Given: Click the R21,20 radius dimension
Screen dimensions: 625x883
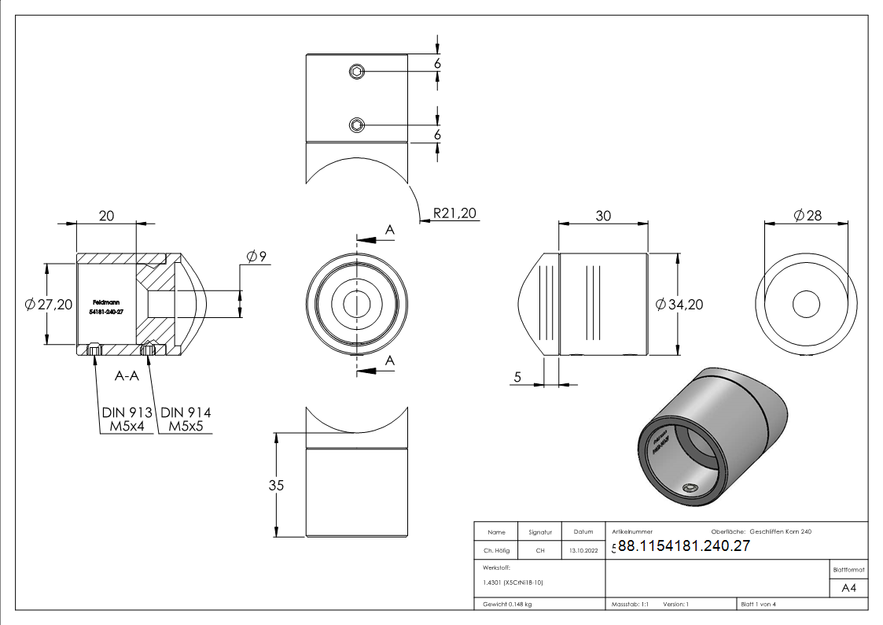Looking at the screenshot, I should pos(455,213).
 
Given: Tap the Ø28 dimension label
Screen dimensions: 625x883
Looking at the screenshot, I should pos(808,215).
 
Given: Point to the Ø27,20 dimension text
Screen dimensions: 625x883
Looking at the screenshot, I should pos(50,305).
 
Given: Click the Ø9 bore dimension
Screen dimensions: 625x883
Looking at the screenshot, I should pos(257,256).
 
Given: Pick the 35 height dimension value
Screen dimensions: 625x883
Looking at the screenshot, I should pos(276,485).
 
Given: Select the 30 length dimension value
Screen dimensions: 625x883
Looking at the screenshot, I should pos(603,216).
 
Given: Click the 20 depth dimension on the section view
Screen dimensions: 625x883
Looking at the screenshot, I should pos(106,216).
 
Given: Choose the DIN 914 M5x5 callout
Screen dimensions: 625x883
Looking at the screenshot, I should pos(185,420).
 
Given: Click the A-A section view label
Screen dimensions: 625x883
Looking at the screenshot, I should pos(127,375).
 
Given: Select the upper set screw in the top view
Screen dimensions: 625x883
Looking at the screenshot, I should pos(356,72).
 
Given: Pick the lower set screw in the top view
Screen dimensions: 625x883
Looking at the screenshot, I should pos(356,124).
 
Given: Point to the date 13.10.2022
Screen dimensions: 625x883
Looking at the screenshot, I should pos(582,551).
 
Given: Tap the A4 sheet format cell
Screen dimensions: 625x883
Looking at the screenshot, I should pos(849,588).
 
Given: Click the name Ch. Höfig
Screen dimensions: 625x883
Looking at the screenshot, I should pos(496,551).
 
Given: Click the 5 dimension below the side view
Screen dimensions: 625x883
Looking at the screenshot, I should pos(517,378).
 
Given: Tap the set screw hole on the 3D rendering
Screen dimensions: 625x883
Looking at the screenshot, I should pos(690,488).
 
